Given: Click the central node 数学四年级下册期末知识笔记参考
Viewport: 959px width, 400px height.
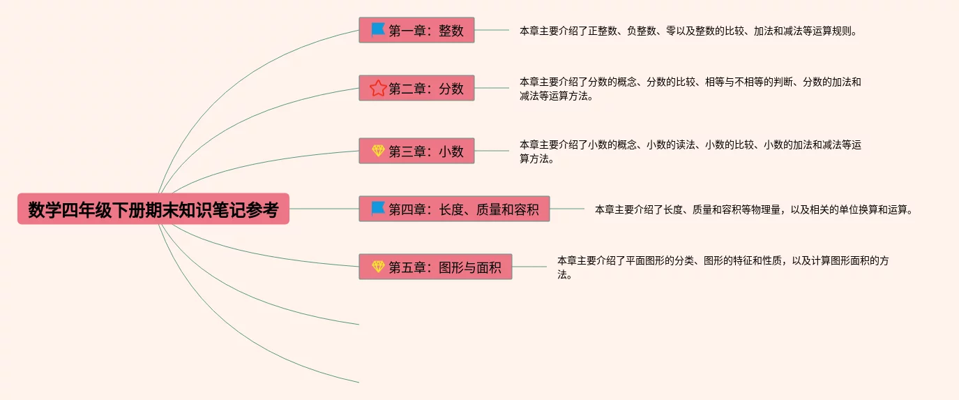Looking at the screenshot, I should [153, 209].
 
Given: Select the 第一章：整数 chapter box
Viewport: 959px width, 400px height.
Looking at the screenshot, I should [416, 30].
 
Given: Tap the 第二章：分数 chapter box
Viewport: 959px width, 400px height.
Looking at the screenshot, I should [416, 88].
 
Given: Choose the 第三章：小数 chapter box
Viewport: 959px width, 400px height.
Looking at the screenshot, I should [416, 151].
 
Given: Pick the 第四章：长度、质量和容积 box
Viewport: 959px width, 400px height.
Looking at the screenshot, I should [454, 209].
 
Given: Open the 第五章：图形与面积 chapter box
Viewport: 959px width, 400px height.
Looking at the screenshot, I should [435, 267].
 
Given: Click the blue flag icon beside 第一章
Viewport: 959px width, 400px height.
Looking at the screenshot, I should [378, 30].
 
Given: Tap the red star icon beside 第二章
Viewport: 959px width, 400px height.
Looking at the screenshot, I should [378, 88].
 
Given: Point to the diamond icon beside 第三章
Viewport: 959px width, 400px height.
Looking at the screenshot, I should [378, 151].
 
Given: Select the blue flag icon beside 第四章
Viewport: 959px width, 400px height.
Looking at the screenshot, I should [378, 209].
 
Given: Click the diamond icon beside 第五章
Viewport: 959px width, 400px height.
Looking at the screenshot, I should [378, 267].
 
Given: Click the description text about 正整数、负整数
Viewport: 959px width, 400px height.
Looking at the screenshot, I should [688, 31].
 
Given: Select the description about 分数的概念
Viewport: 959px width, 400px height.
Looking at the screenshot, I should [690, 89].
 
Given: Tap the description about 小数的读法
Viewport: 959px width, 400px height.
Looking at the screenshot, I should [690, 151].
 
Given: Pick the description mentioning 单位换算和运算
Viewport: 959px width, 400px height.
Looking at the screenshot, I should [754, 209].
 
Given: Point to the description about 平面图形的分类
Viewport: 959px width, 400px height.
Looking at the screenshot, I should [723, 267].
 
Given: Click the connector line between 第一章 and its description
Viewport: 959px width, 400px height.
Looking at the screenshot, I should [492, 30].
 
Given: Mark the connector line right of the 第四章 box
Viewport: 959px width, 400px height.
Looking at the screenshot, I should [567, 209].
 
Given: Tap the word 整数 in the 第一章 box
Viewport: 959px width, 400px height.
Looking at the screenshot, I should [451, 31].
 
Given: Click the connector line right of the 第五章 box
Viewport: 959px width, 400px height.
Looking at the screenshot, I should [529, 267].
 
